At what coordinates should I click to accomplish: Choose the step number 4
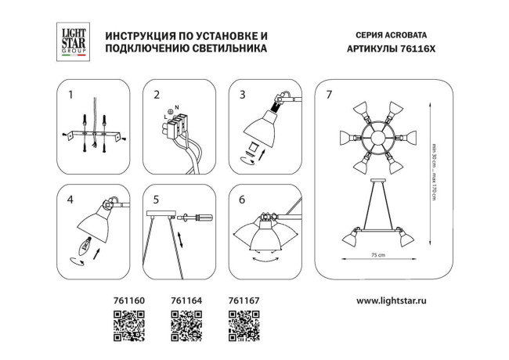click(71, 200)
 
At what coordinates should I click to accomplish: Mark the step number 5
click(156, 200)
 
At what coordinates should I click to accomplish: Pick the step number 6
click(242, 200)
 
